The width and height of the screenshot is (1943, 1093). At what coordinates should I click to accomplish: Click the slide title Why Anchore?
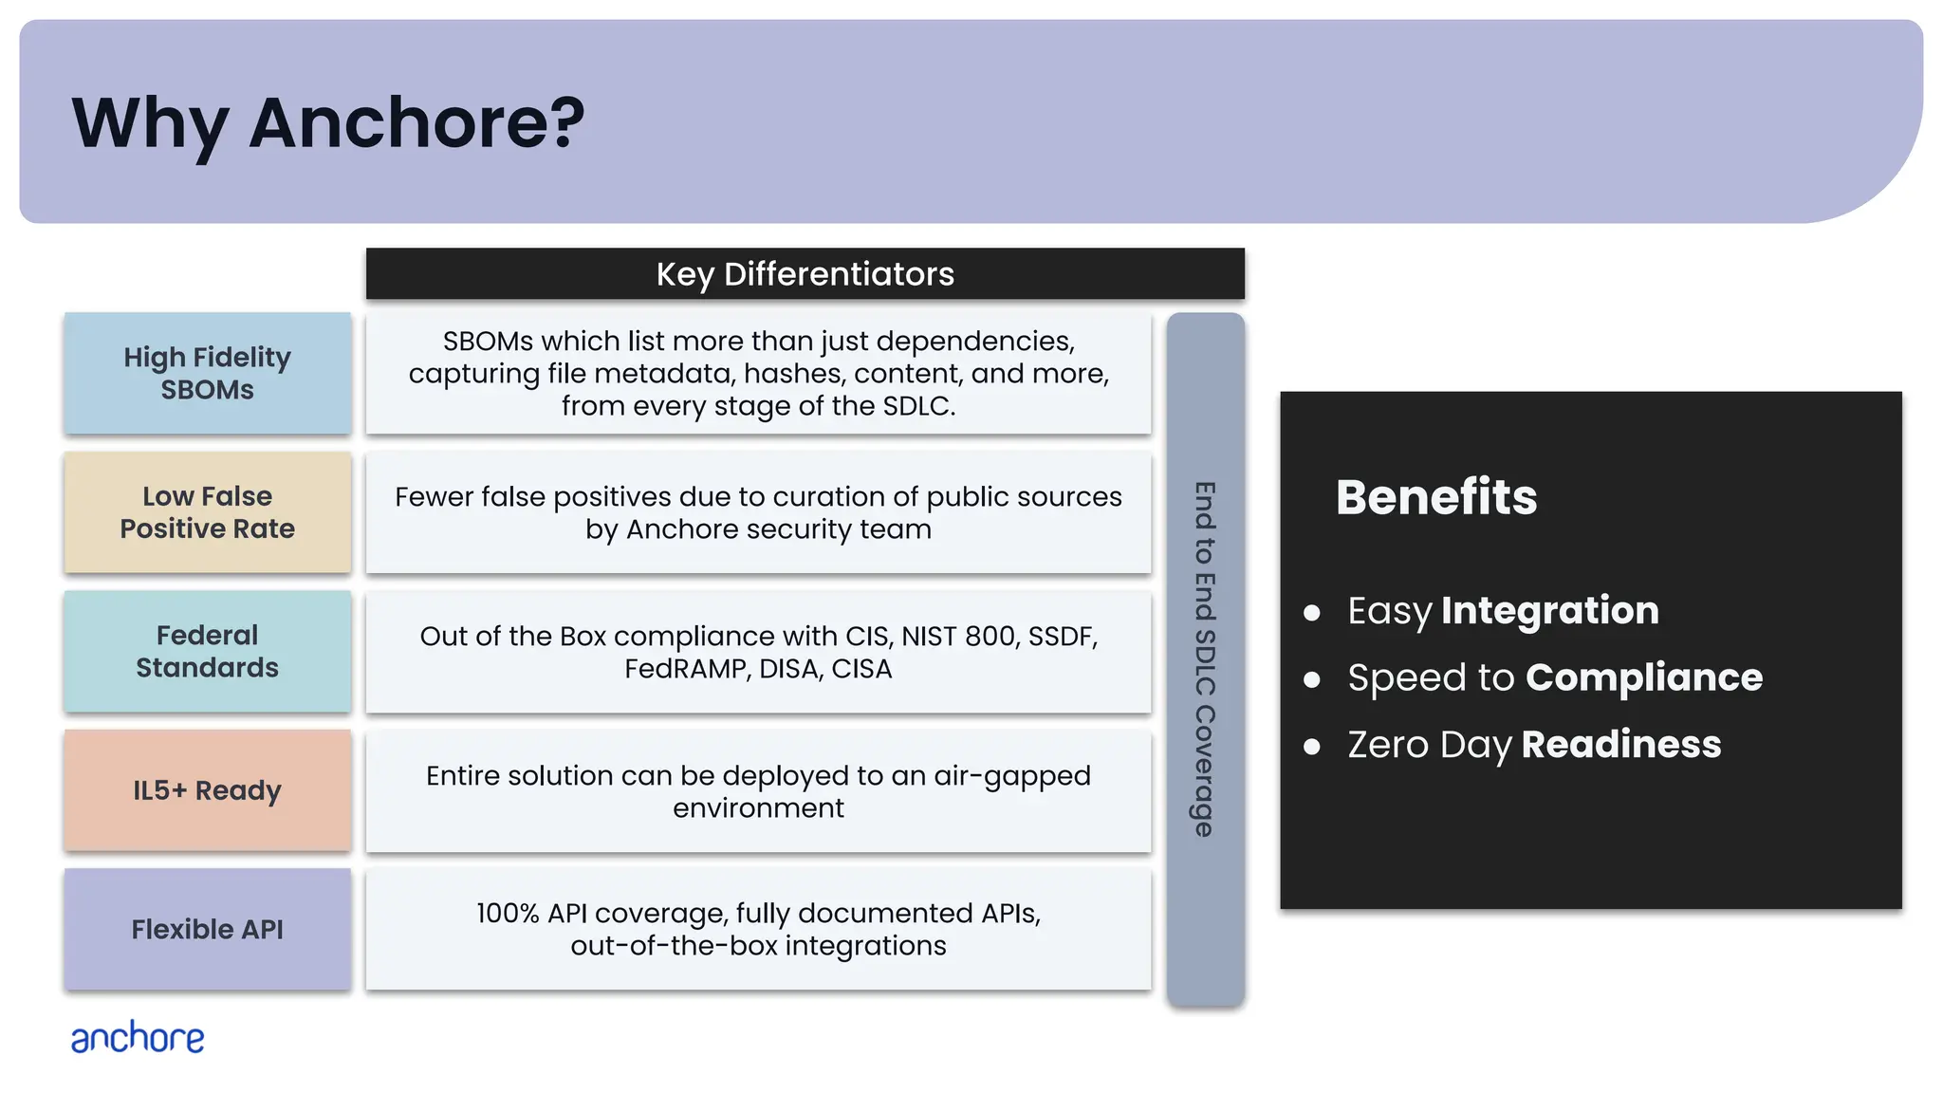tap(328, 123)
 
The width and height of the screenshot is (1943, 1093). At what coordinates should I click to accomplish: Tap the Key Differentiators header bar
tap(805, 274)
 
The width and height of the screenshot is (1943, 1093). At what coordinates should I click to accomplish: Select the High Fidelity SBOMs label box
tap(207, 373)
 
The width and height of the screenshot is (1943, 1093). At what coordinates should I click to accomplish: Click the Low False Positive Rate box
tap(207, 512)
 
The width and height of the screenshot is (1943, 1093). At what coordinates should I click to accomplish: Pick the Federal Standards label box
tap(207, 651)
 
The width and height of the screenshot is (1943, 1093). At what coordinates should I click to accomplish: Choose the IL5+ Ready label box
tap(207, 790)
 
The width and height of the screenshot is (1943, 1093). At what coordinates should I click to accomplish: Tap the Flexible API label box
tap(207, 929)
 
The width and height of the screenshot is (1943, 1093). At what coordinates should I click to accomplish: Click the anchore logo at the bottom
tap(138, 1038)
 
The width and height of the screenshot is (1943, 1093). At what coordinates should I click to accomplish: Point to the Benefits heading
tap(1435, 497)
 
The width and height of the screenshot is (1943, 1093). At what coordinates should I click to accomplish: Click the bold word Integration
tap(1549, 610)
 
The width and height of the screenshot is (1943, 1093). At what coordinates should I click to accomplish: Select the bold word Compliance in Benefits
tap(1643, 677)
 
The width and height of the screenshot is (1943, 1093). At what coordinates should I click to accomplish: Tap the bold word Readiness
tap(1620, 745)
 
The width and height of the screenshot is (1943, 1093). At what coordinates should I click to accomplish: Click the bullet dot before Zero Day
tap(1312, 748)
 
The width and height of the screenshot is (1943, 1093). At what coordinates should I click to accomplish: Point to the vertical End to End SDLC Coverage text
tap(1205, 659)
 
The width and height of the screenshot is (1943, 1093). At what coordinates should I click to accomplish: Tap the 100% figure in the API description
tap(508, 914)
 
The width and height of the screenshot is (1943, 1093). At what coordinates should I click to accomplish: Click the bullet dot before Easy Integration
tap(1312, 614)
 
